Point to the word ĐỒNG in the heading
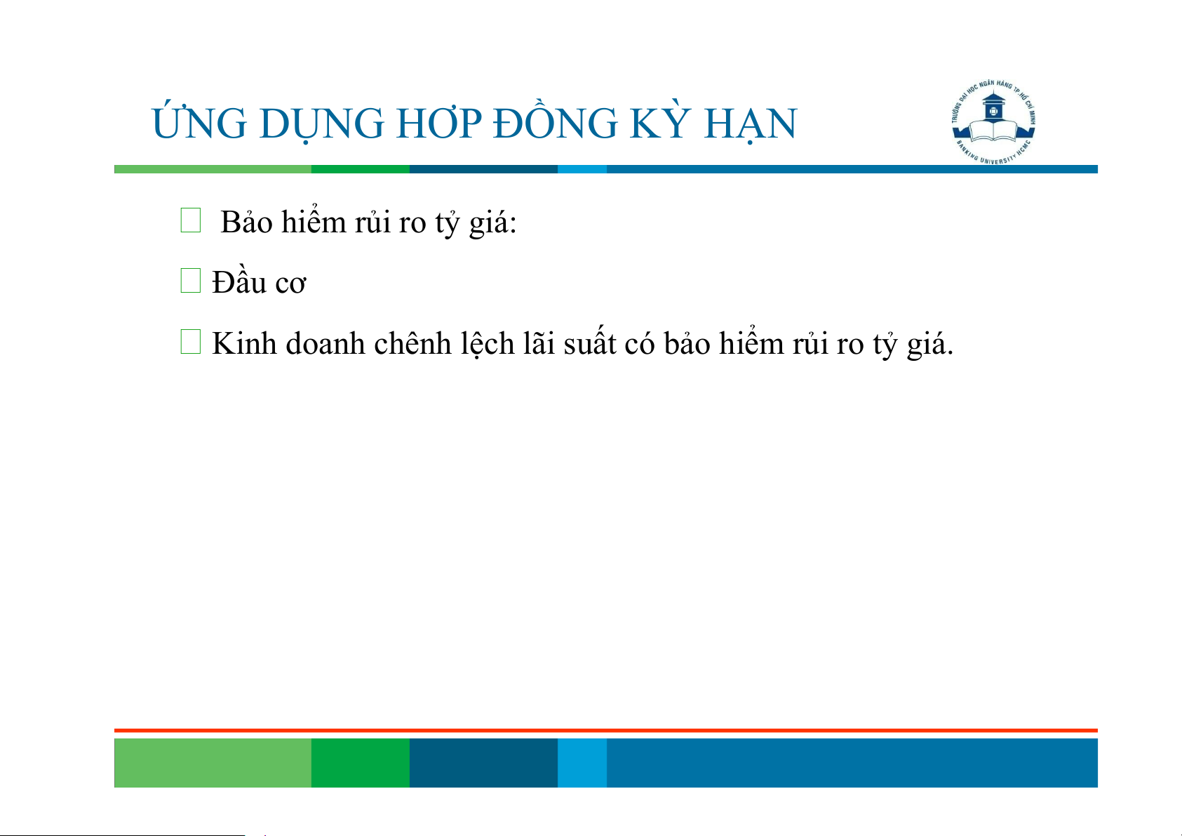[555, 121]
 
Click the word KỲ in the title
[661, 121]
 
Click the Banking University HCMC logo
[993, 122]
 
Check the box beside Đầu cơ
[191, 281]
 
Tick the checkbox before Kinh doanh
[191, 342]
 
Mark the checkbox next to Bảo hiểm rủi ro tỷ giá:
[191, 220]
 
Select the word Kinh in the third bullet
[244, 343]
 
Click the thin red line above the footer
[606, 731]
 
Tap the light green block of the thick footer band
[213, 762]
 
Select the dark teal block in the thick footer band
[483, 762]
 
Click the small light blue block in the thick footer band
[582, 762]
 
